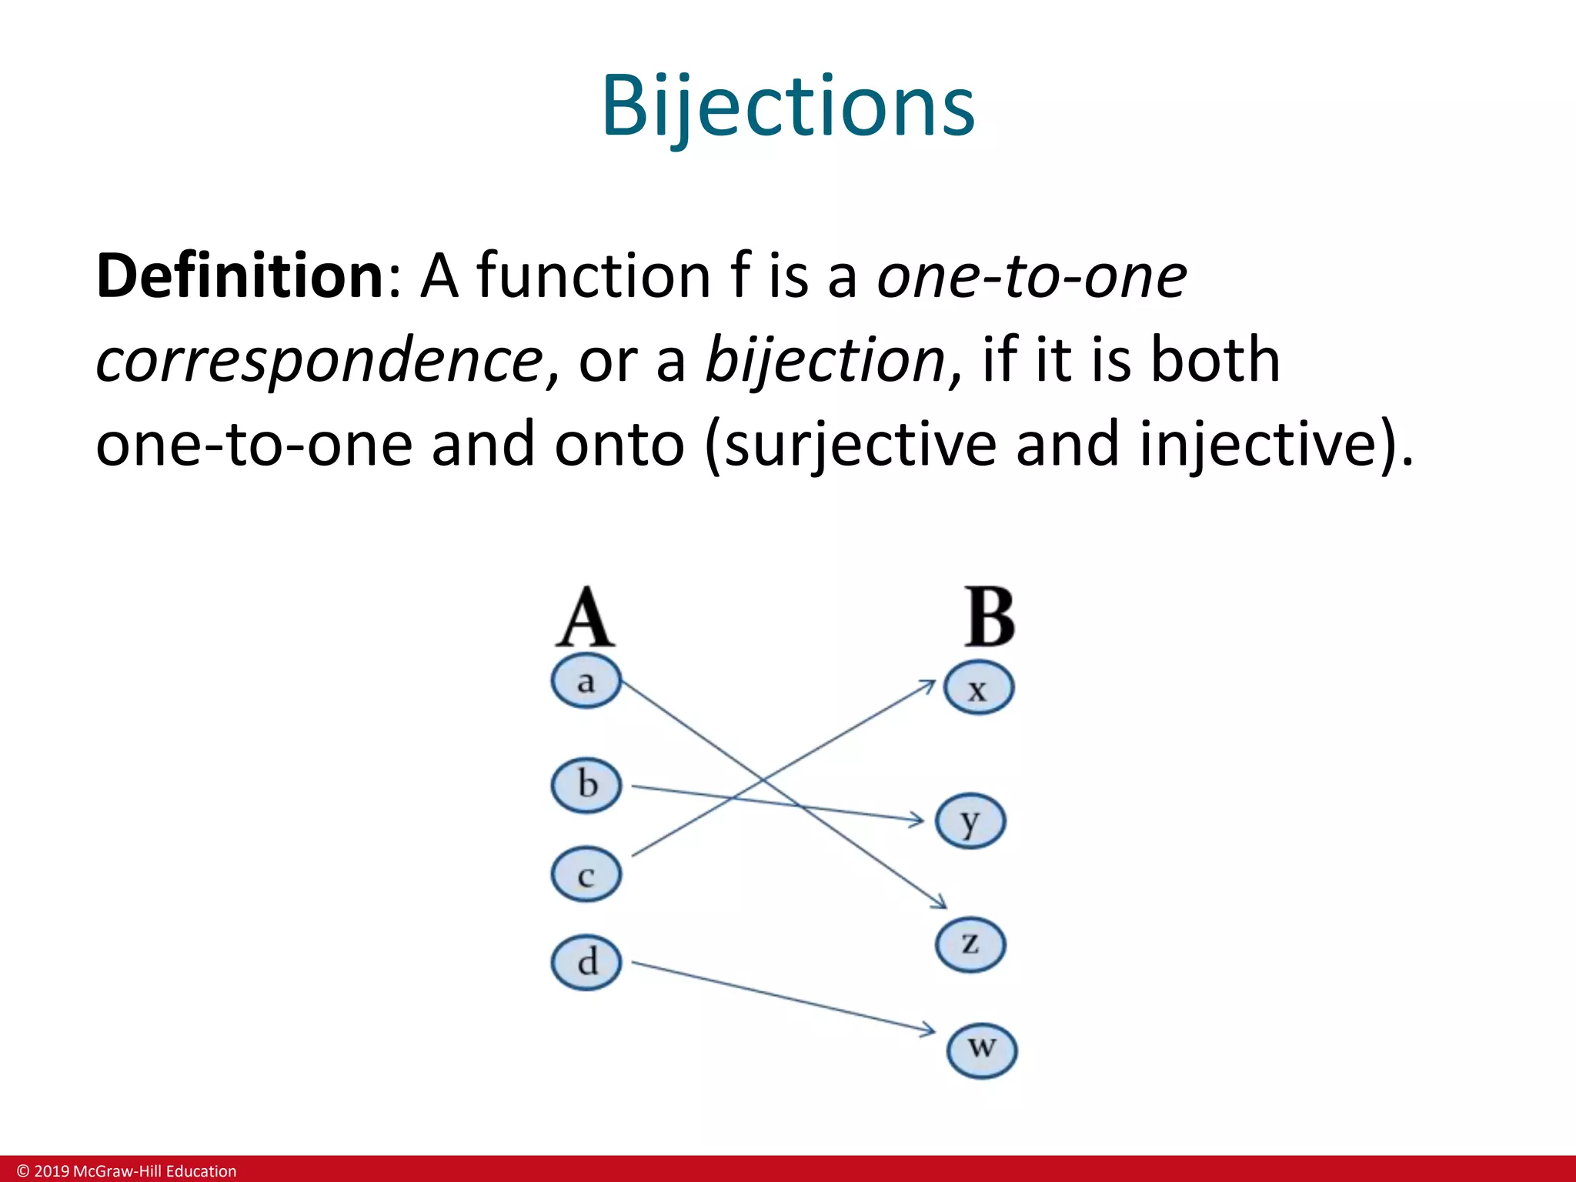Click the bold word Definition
(x=239, y=276)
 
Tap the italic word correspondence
(x=319, y=360)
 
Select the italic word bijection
(x=824, y=360)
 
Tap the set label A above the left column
(x=585, y=618)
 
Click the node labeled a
(x=586, y=682)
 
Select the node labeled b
(x=586, y=786)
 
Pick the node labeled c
(x=586, y=875)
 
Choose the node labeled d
(x=586, y=962)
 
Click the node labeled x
(x=978, y=688)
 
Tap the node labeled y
(x=970, y=821)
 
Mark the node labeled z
(x=970, y=943)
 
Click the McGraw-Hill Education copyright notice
(x=127, y=1170)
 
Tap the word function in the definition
(x=593, y=276)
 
